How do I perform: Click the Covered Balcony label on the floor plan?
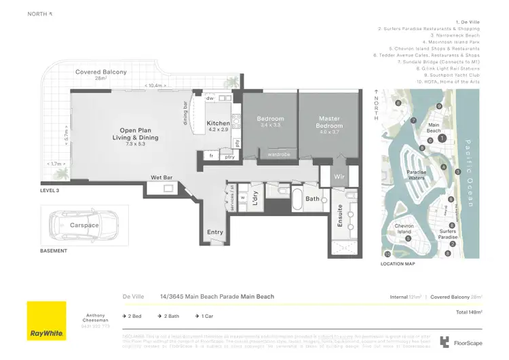(x=100, y=72)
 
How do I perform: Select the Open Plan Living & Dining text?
(x=139, y=134)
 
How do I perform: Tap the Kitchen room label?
(x=219, y=124)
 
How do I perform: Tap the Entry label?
(x=214, y=232)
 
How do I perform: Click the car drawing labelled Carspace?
(x=84, y=225)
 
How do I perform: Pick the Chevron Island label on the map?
(x=404, y=229)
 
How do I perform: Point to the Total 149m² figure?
(x=468, y=311)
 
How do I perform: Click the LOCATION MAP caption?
(x=397, y=264)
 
